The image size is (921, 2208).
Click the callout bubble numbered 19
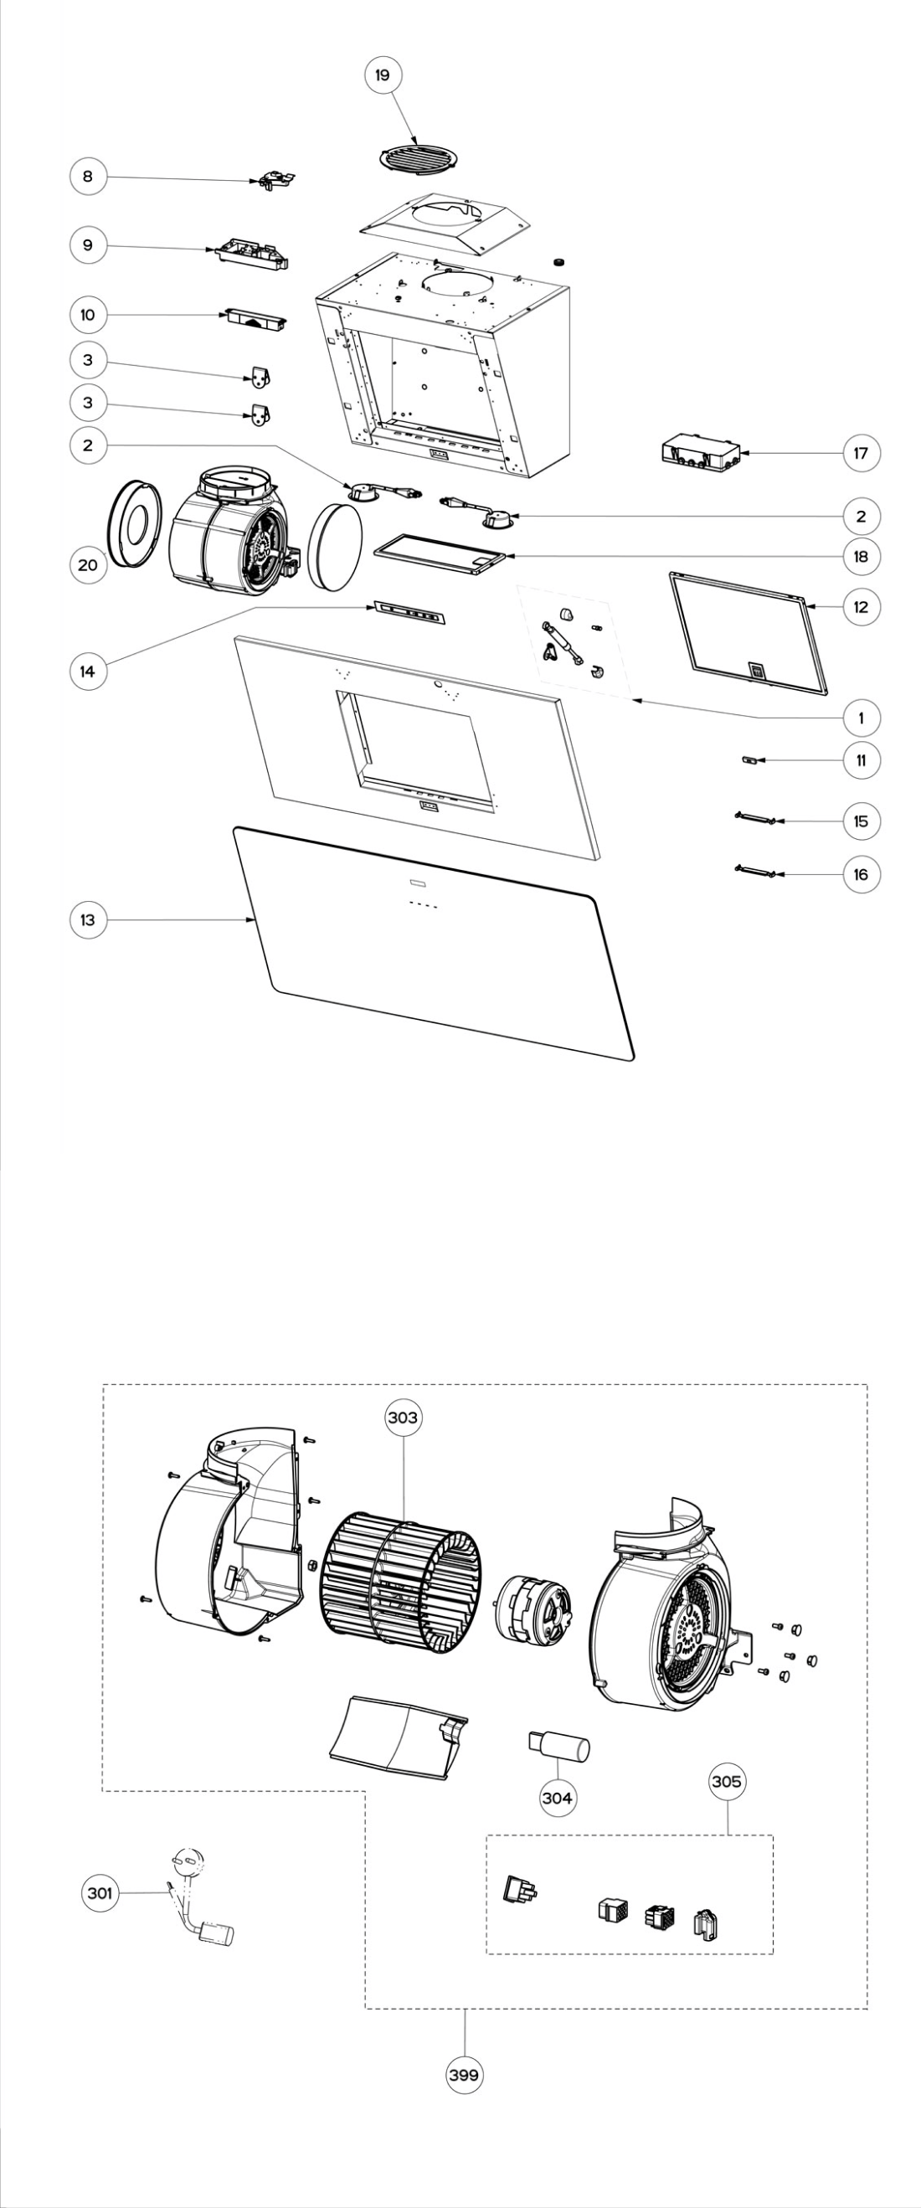(x=382, y=75)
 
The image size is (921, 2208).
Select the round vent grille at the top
(x=417, y=157)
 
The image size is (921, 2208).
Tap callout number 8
(x=87, y=177)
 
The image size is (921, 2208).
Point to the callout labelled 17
(x=860, y=453)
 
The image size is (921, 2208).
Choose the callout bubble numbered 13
(x=87, y=919)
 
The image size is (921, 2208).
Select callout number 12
(x=860, y=607)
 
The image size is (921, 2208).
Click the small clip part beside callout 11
(x=750, y=759)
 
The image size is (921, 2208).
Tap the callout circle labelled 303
(x=403, y=1417)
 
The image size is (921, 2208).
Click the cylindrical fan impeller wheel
(x=401, y=1582)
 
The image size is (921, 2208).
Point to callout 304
(x=557, y=1798)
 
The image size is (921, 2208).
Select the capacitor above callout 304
(x=558, y=1744)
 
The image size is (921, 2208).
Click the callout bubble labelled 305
(x=727, y=1781)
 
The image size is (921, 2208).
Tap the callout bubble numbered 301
(x=100, y=1892)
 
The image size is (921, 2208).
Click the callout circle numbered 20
(x=87, y=565)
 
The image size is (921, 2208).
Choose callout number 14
(x=87, y=672)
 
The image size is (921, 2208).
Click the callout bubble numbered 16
(x=860, y=874)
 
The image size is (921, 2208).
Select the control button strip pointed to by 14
(x=409, y=613)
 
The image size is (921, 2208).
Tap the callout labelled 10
(x=87, y=315)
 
